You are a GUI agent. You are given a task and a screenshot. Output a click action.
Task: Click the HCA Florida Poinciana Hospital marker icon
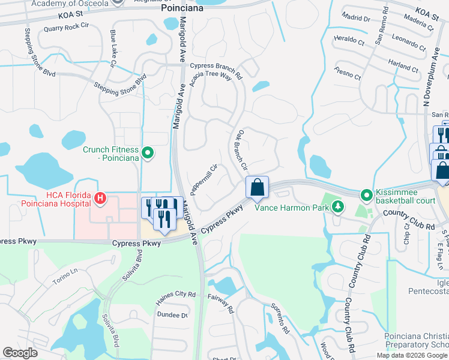click(101, 197)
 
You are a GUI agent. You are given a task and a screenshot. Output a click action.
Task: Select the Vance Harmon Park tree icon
click(338, 208)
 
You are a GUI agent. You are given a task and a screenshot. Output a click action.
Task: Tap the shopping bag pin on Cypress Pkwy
click(257, 187)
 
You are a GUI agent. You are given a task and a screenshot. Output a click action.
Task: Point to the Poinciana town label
click(182, 9)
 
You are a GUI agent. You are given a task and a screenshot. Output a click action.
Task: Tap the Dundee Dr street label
click(172, 314)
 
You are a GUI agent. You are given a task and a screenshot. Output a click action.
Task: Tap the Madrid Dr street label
click(358, 19)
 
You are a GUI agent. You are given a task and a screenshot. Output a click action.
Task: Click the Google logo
click(20, 353)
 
